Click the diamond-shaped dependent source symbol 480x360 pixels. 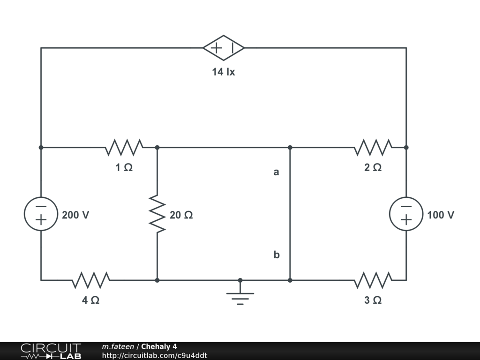(224, 48)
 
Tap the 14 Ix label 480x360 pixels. (223, 72)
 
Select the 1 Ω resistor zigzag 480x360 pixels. (124, 147)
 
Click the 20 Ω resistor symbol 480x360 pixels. (157, 215)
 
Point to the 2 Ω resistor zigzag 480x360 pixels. (373, 147)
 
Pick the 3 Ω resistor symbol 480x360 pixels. (373, 280)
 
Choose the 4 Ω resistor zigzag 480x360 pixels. (91, 280)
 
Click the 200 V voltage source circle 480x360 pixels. (41, 214)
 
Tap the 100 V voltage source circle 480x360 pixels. (406, 214)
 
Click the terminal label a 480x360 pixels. (277, 172)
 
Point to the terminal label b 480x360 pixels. (277, 255)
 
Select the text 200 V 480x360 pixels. (75, 215)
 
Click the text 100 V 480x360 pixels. (441, 215)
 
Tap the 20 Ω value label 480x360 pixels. (181, 215)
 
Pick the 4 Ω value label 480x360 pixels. (91, 300)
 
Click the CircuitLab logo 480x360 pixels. (51, 351)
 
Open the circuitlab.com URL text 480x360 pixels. (155, 356)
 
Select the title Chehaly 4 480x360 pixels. (159, 347)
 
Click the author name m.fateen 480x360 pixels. (118, 347)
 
